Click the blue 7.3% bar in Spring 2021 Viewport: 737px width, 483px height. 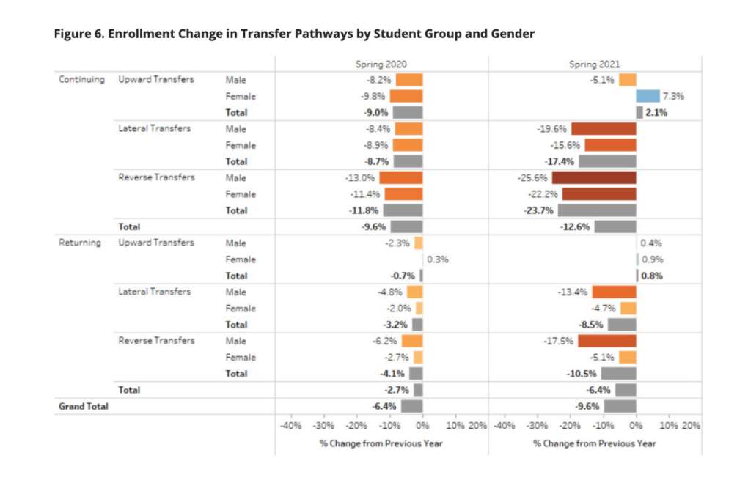(648, 96)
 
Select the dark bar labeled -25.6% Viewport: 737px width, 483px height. (594, 178)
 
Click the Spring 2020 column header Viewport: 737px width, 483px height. (381, 64)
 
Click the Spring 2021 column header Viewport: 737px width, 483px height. (594, 64)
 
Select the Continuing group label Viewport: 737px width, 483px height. (81, 79)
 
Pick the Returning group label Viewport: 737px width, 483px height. (80, 243)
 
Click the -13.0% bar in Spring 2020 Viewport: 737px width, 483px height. (401, 178)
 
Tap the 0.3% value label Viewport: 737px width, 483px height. (438, 259)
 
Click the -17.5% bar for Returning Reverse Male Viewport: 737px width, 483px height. (606, 341)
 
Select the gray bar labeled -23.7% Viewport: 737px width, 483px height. (597, 210)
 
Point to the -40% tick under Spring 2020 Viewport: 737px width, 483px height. (291, 425)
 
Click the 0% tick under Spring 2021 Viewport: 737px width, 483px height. (636, 425)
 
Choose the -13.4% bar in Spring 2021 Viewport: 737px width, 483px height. (614, 292)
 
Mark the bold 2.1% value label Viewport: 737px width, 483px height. (656, 113)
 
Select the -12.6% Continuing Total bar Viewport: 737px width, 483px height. (615, 226)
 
